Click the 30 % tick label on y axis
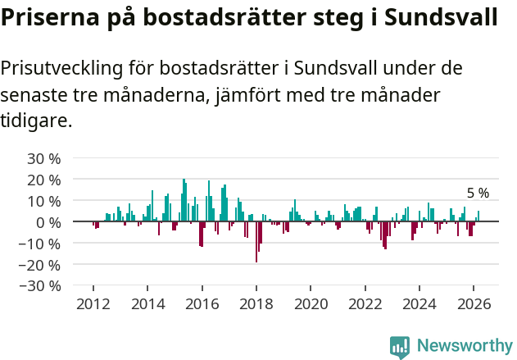pos(44,158)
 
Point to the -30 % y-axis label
pos(41,286)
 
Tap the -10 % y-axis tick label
pos(41,244)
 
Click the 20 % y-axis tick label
pos(44,180)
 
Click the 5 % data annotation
pos(478,194)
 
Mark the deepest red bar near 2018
pos(256,242)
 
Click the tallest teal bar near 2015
pos(184,200)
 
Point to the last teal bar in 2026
pos(478,216)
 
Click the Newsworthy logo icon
pos(400,346)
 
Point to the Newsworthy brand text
pos(464,346)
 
